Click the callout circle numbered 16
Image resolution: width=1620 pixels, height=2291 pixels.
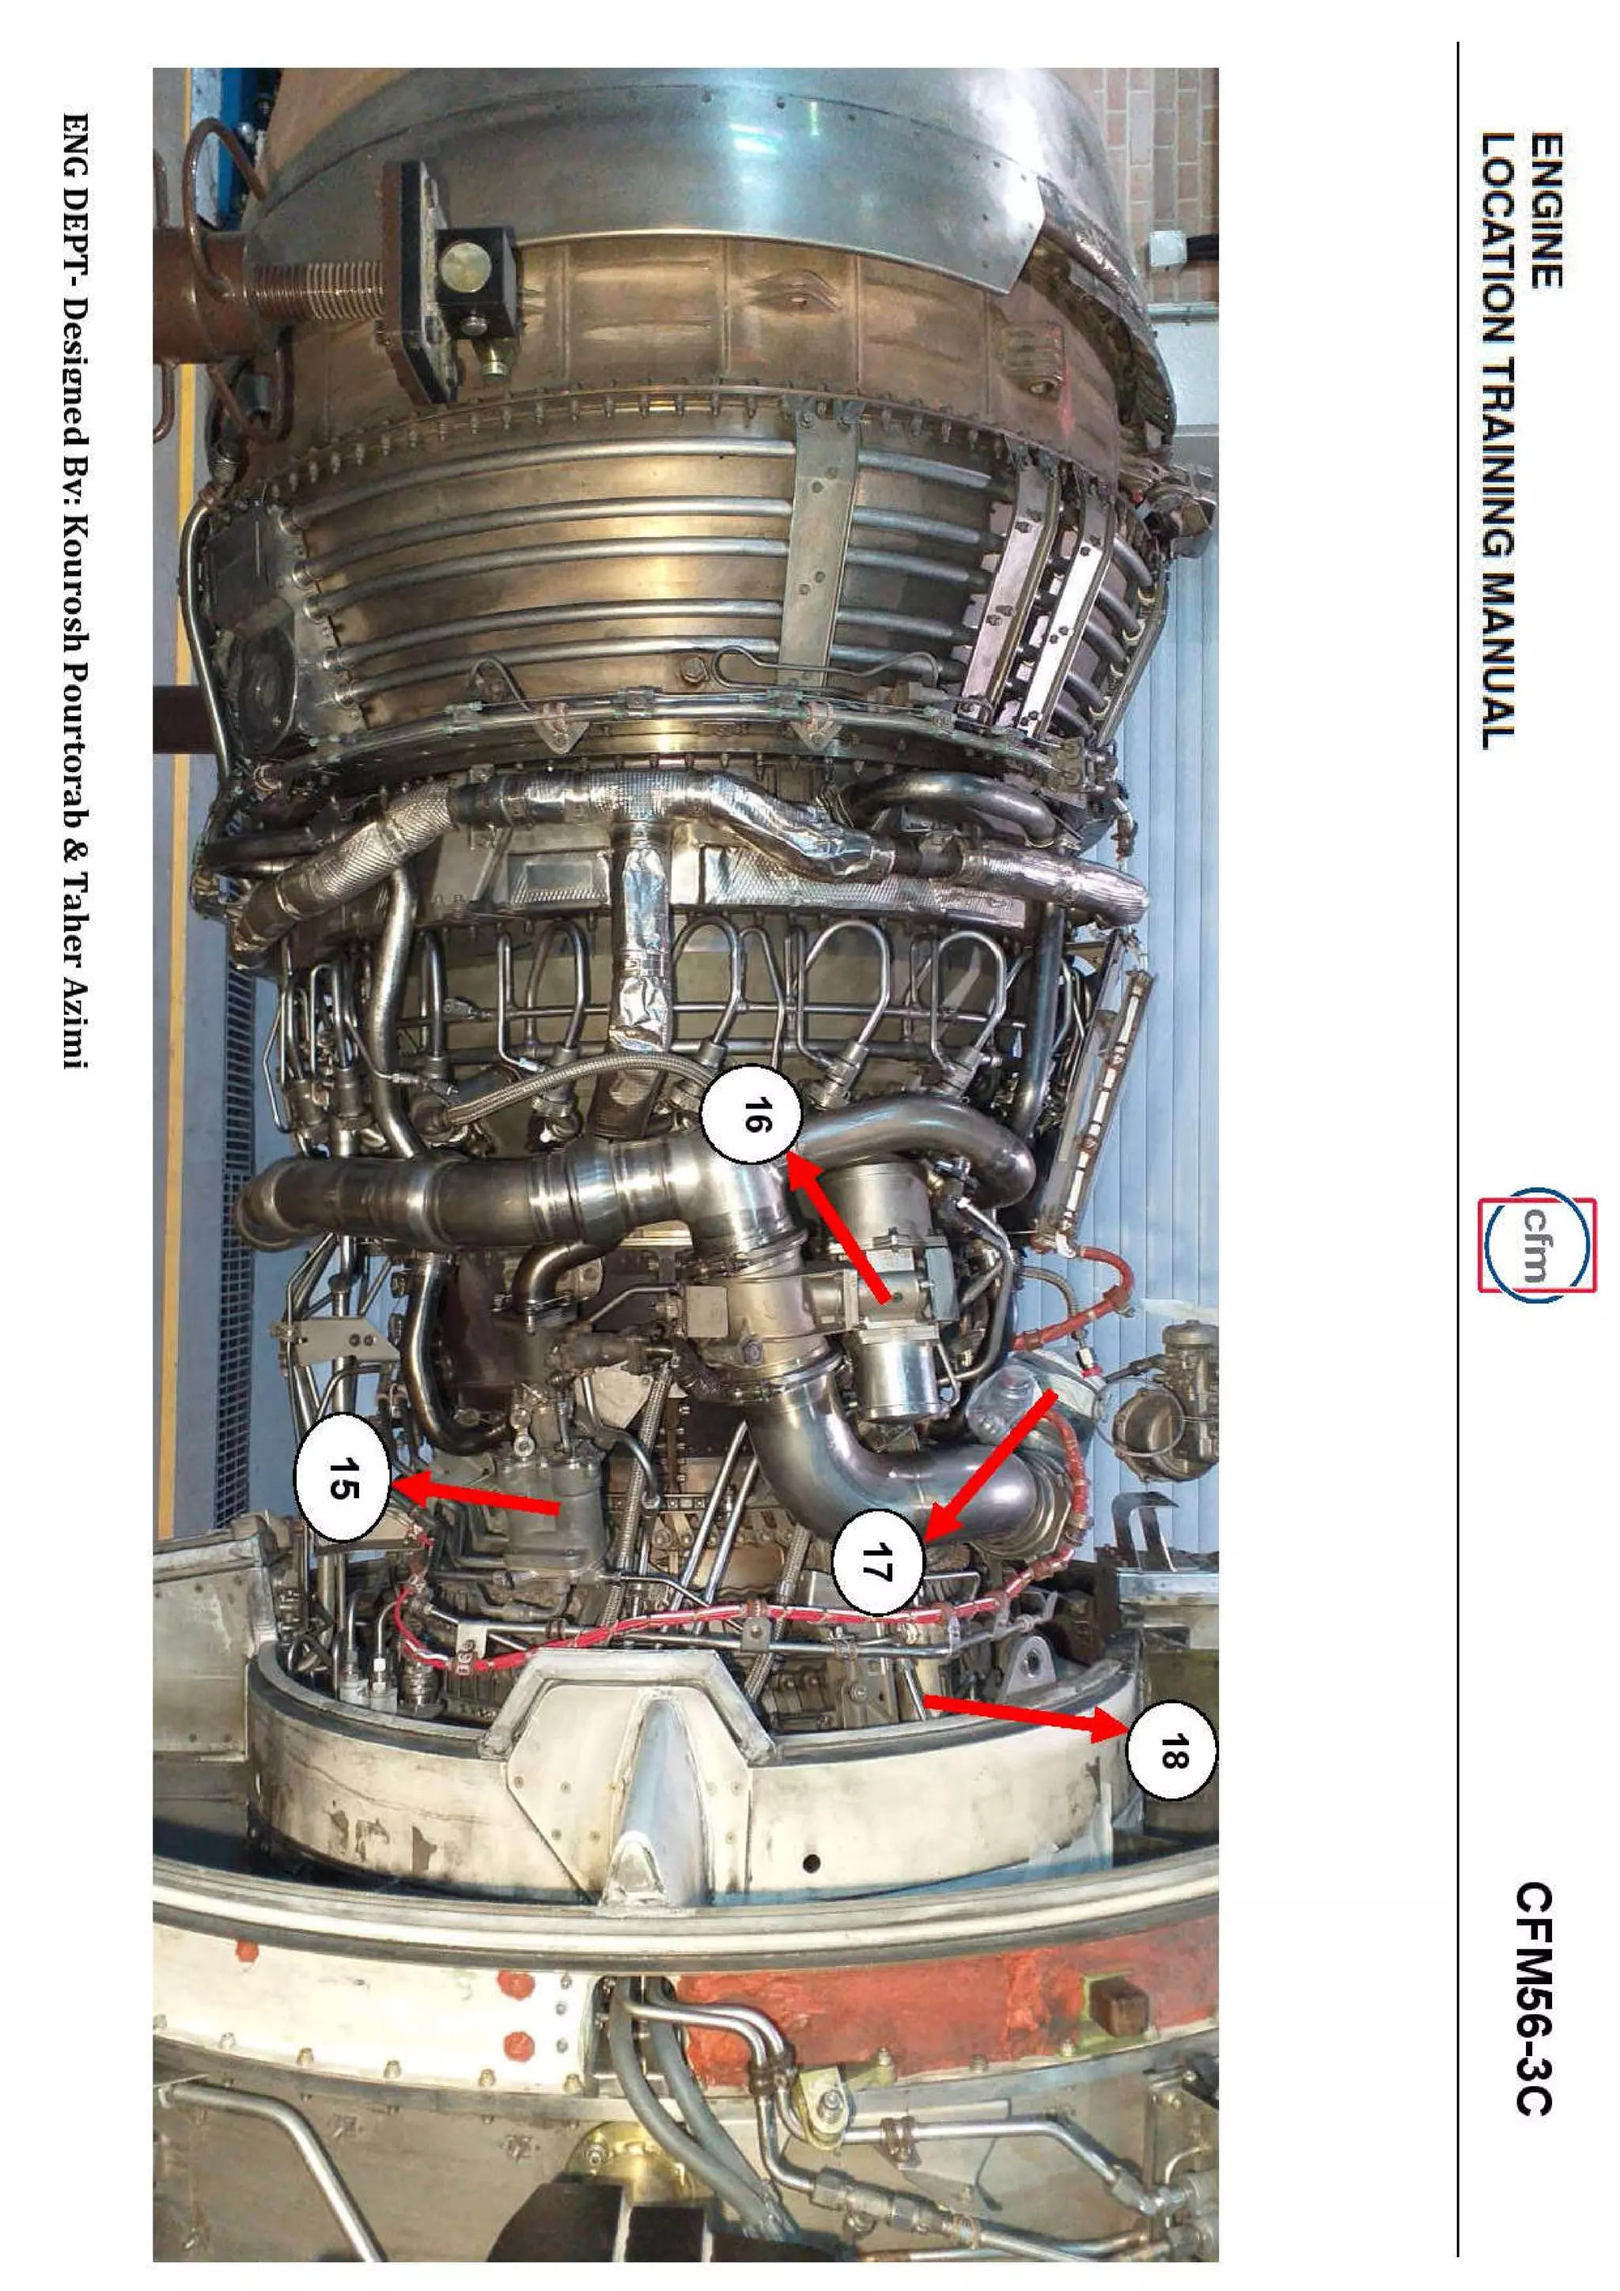[750, 1123]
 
